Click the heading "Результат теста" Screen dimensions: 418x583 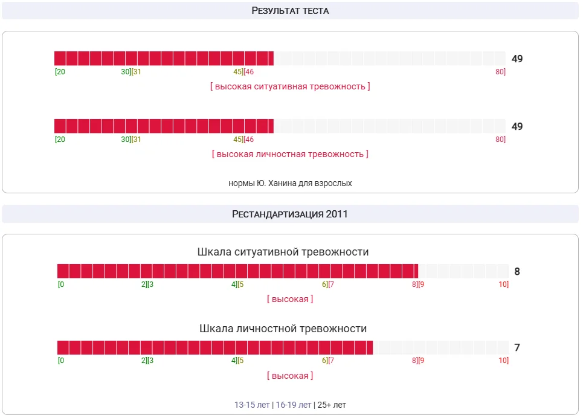pos(290,11)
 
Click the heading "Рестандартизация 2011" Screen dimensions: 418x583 pos(290,214)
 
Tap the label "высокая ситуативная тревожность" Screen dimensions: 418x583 pos(290,86)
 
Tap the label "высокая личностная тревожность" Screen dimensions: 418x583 pos(290,154)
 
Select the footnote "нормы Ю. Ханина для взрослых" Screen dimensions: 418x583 pos(290,183)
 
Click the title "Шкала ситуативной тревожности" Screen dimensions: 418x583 pos(283,252)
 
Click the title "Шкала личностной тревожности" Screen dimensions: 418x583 pos(283,329)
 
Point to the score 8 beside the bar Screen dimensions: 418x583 pos(517,272)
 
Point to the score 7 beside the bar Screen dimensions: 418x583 pos(517,348)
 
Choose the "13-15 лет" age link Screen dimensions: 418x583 pos(252,405)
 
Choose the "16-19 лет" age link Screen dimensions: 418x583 pos(294,405)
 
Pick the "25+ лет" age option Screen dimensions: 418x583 pos(331,405)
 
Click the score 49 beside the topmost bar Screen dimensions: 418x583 pos(517,59)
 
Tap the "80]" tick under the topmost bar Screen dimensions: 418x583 pos(500,72)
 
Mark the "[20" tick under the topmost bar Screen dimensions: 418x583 pos(60,72)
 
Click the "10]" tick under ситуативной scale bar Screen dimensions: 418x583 pos(503,285)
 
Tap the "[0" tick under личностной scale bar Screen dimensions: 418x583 pos(61,361)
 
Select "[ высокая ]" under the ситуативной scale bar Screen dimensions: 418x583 pos(290,299)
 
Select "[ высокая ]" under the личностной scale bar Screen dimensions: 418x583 pos(290,376)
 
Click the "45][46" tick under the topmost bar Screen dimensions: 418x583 pos(243,72)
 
